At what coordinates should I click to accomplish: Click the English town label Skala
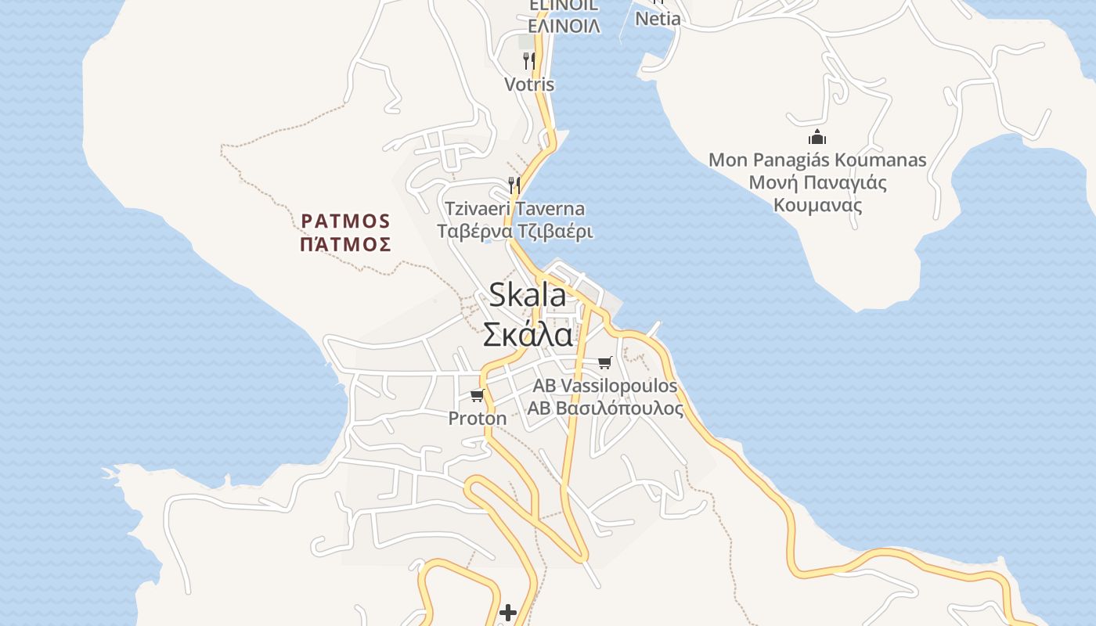tap(527, 295)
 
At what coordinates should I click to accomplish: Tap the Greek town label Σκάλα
tap(527, 335)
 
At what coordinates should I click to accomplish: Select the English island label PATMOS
tap(345, 220)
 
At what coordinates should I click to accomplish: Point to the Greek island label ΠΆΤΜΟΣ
tap(345, 245)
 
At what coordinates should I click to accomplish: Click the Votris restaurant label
tap(529, 85)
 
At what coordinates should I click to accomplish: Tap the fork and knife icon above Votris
tap(529, 59)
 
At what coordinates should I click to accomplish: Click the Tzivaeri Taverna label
tap(514, 209)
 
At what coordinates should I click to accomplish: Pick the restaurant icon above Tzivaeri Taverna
tap(514, 185)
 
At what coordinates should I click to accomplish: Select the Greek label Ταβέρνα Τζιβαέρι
tap(514, 232)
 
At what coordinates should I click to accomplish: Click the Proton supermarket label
tap(477, 419)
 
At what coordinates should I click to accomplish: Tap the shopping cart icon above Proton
tap(478, 395)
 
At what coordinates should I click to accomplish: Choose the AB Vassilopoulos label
tap(604, 386)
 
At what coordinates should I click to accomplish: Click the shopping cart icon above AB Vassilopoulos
tap(604, 362)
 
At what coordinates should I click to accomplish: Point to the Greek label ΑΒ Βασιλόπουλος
tap(604, 408)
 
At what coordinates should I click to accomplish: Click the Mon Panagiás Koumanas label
tap(817, 160)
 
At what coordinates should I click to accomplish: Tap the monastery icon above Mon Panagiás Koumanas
tap(817, 138)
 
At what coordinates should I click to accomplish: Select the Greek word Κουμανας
tap(817, 206)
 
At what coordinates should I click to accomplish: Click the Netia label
tap(658, 18)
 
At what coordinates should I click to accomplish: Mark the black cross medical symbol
tap(508, 613)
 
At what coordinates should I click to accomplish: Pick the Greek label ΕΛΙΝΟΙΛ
tap(564, 27)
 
